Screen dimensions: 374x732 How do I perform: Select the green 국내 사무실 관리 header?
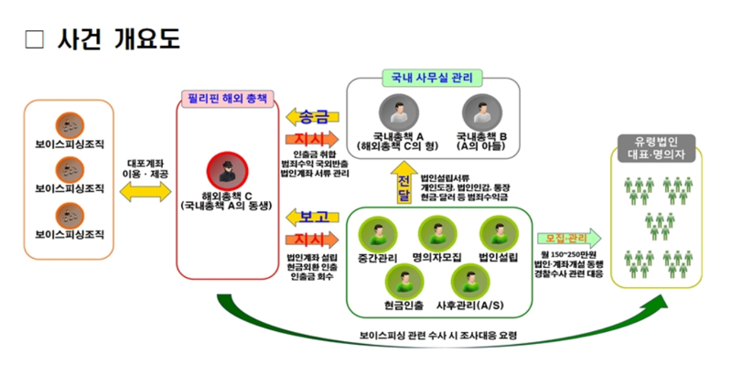(x=432, y=79)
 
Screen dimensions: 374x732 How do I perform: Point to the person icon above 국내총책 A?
(x=396, y=114)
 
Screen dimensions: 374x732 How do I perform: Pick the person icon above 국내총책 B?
(x=477, y=113)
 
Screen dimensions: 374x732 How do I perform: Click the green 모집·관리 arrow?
(x=568, y=238)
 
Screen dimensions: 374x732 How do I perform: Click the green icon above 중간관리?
(x=376, y=231)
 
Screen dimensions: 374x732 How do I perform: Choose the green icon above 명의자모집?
(x=434, y=231)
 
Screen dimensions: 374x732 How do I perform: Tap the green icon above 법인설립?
(x=497, y=231)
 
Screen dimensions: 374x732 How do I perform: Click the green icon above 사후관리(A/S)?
(x=468, y=278)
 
